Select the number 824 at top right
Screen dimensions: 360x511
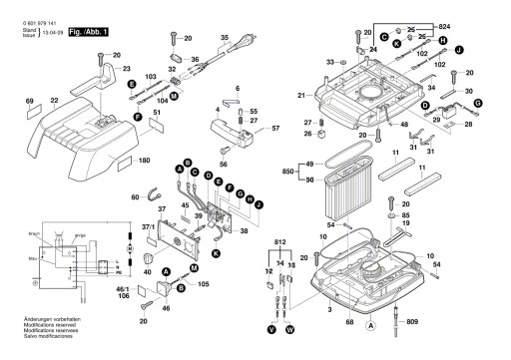pyautogui.click(x=472, y=22)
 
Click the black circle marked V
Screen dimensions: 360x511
pyautogui.click(x=271, y=328)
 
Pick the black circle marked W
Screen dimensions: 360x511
pyautogui.click(x=291, y=328)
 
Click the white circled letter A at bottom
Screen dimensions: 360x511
pyautogui.click(x=371, y=325)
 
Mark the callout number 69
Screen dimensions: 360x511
pyautogui.click(x=30, y=101)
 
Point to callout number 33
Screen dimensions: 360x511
pyautogui.click(x=329, y=63)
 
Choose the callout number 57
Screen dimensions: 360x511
pyautogui.click(x=275, y=129)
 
